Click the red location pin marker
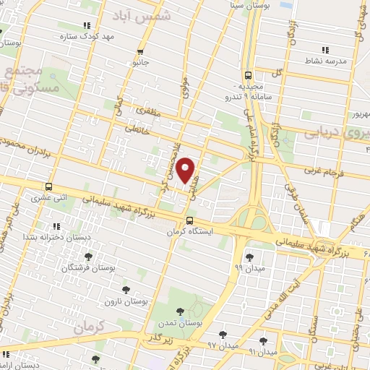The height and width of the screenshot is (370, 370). pos(186,170)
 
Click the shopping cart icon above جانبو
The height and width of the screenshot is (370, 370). pos(140,51)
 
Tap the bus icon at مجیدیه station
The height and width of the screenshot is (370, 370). pos(248,74)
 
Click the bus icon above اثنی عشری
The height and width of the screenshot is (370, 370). pos(48,185)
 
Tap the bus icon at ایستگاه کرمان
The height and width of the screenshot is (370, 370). pos(189,220)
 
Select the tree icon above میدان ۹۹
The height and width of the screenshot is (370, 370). pos(249,257)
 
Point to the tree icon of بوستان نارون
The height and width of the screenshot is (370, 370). pos(126,289)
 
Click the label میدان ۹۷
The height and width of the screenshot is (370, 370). pos(222,346)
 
